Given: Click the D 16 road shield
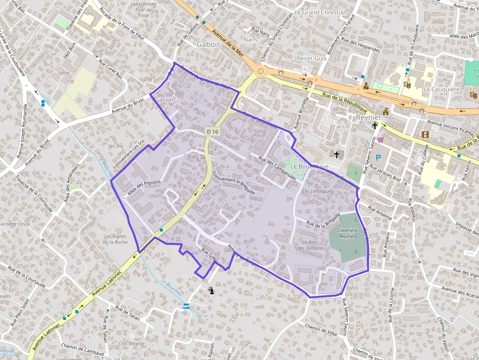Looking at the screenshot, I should click(213, 131).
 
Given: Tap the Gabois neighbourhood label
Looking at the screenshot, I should click(209, 44).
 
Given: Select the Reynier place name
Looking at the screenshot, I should click(369, 118).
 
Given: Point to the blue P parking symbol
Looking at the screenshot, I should click(378, 158).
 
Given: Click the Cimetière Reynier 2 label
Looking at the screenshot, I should click(347, 236).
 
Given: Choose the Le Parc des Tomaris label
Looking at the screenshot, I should click(310, 245).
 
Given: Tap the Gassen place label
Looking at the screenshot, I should click(165, 100).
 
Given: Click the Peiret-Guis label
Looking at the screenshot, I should click(311, 58).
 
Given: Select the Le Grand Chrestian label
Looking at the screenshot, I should click(321, 12).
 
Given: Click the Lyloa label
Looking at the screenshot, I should click(64, 73).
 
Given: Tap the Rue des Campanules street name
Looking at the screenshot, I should click(277, 168).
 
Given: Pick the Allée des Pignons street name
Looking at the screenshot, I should click(144, 188).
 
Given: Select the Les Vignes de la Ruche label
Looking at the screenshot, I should click(115, 239).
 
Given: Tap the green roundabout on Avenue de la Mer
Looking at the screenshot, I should click(261, 71).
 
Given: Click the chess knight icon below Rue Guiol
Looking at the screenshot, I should click(212, 291).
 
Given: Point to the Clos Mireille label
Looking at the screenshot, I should click(131, 343).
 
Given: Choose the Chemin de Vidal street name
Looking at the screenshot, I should click(321, 330).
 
